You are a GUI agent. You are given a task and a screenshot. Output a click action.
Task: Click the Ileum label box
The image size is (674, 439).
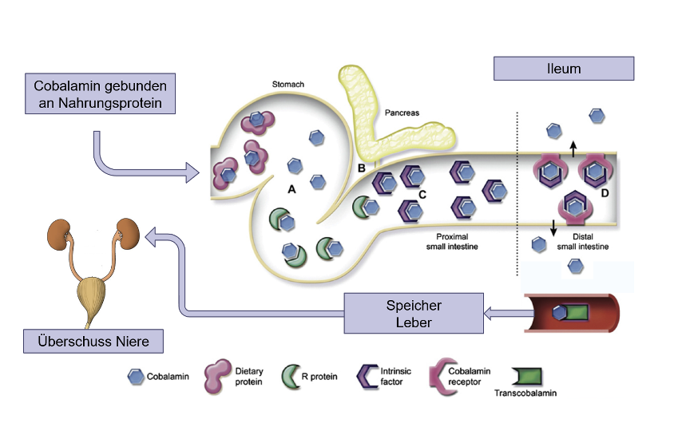pyautogui.click(x=564, y=69)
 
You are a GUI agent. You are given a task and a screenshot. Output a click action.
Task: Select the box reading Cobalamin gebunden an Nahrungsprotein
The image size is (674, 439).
pyautogui.click(x=100, y=94)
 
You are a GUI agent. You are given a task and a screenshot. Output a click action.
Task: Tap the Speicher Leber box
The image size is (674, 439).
pyautogui.click(x=414, y=314)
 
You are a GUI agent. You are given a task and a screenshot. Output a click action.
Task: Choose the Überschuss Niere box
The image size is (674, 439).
pyautogui.click(x=93, y=342)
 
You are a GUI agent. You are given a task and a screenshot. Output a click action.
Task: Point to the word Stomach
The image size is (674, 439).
pyautogui.click(x=288, y=84)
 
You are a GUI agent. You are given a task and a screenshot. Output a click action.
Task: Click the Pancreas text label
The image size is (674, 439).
pyautogui.click(x=401, y=113)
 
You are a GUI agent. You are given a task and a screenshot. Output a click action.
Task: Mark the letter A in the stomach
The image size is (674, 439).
pyautogui.click(x=291, y=189)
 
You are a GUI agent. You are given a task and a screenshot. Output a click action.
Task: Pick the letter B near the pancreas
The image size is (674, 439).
pyautogui.click(x=361, y=168)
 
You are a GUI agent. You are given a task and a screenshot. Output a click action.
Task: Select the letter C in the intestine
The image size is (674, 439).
pyautogui.click(x=422, y=195)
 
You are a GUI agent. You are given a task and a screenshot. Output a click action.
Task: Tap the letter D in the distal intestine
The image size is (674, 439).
pyautogui.click(x=605, y=194)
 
